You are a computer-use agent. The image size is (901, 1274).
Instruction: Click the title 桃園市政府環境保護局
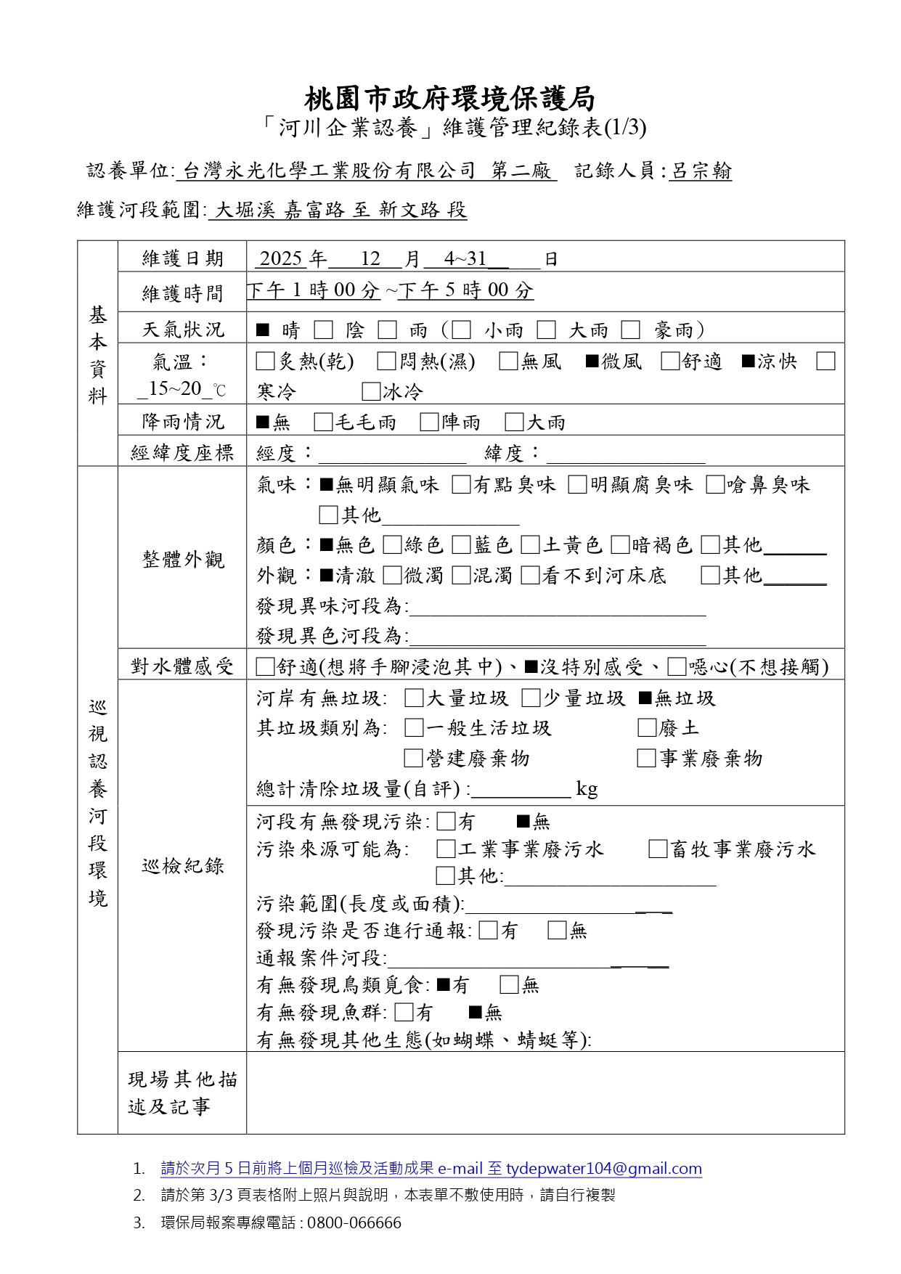coord(449,99)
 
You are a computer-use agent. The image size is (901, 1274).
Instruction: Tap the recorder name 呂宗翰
coord(700,171)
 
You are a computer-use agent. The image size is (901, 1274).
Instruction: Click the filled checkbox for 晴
coord(263,331)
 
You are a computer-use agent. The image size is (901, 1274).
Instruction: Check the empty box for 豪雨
coord(630,331)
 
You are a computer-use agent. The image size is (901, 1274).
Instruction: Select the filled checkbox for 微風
coord(592,362)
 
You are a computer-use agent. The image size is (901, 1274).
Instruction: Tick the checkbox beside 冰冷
coord(371,392)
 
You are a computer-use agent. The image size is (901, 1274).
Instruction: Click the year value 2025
coord(280,258)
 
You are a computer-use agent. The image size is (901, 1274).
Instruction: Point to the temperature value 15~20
coord(175,389)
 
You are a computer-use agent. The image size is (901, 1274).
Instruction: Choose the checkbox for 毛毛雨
coord(323,422)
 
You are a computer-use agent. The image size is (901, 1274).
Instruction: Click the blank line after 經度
coord(392,455)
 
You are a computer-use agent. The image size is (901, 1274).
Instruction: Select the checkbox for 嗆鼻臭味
coord(715,485)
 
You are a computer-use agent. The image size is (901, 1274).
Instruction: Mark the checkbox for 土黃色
coord(530,545)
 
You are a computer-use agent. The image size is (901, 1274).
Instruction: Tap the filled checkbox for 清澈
coord(327,576)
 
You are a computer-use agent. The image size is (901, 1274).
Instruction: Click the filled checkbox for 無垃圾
coord(645,698)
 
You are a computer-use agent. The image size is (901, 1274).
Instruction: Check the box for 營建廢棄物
coord(413,759)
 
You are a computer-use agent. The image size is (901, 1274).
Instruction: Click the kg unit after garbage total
coord(587,789)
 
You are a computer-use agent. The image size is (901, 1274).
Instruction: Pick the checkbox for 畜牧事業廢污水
coord(658,849)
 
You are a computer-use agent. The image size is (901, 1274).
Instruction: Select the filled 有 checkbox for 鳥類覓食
coord(443,985)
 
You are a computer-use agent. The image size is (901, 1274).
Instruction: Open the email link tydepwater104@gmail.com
coord(603,1169)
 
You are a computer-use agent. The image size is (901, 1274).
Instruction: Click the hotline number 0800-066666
coord(354,1223)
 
